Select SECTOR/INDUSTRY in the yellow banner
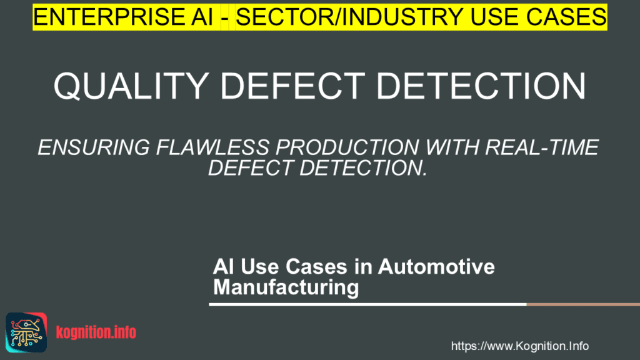point(349,17)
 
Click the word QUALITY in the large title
point(131,86)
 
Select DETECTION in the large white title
point(481,86)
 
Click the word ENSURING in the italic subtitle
point(94,147)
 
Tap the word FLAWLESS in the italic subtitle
point(212,147)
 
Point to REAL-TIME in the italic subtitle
point(542,147)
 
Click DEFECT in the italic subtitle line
point(251,167)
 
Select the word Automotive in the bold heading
point(436,266)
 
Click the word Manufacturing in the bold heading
point(286,287)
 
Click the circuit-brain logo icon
point(26,332)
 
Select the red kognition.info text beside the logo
point(96,332)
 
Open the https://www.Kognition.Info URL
point(519,346)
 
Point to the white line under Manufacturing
point(367,304)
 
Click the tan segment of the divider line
point(583,304)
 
